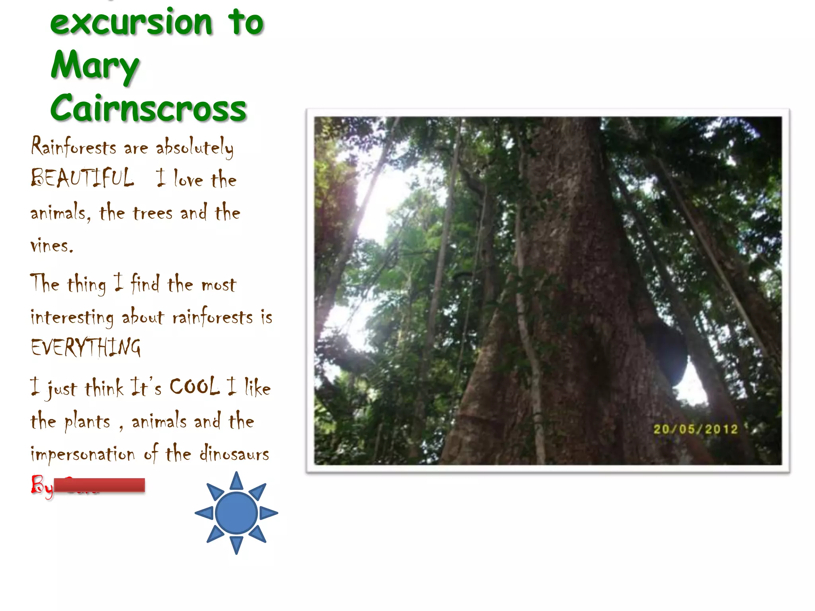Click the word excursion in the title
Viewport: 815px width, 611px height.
click(x=131, y=23)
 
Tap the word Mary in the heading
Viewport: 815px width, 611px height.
click(x=95, y=66)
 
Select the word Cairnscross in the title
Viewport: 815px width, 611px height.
click(x=148, y=108)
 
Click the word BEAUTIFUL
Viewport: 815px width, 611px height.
click(x=82, y=178)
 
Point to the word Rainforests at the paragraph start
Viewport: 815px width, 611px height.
click(x=74, y=146)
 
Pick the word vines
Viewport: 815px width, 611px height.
click(x=52, y=245)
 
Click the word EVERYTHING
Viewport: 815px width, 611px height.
click(x=86, y=347)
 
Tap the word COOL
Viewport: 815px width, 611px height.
click(x=195, y=386)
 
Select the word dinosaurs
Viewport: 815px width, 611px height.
click(x=234, y=454)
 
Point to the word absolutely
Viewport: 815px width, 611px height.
click(x=195, y=147)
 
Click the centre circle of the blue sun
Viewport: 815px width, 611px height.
click(x=236, y=513)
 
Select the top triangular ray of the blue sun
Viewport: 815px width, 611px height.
click(x=236, y=481)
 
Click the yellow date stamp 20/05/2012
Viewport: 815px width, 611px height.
click(x=695, y=429)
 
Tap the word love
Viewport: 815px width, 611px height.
click(x=189, y=180)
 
